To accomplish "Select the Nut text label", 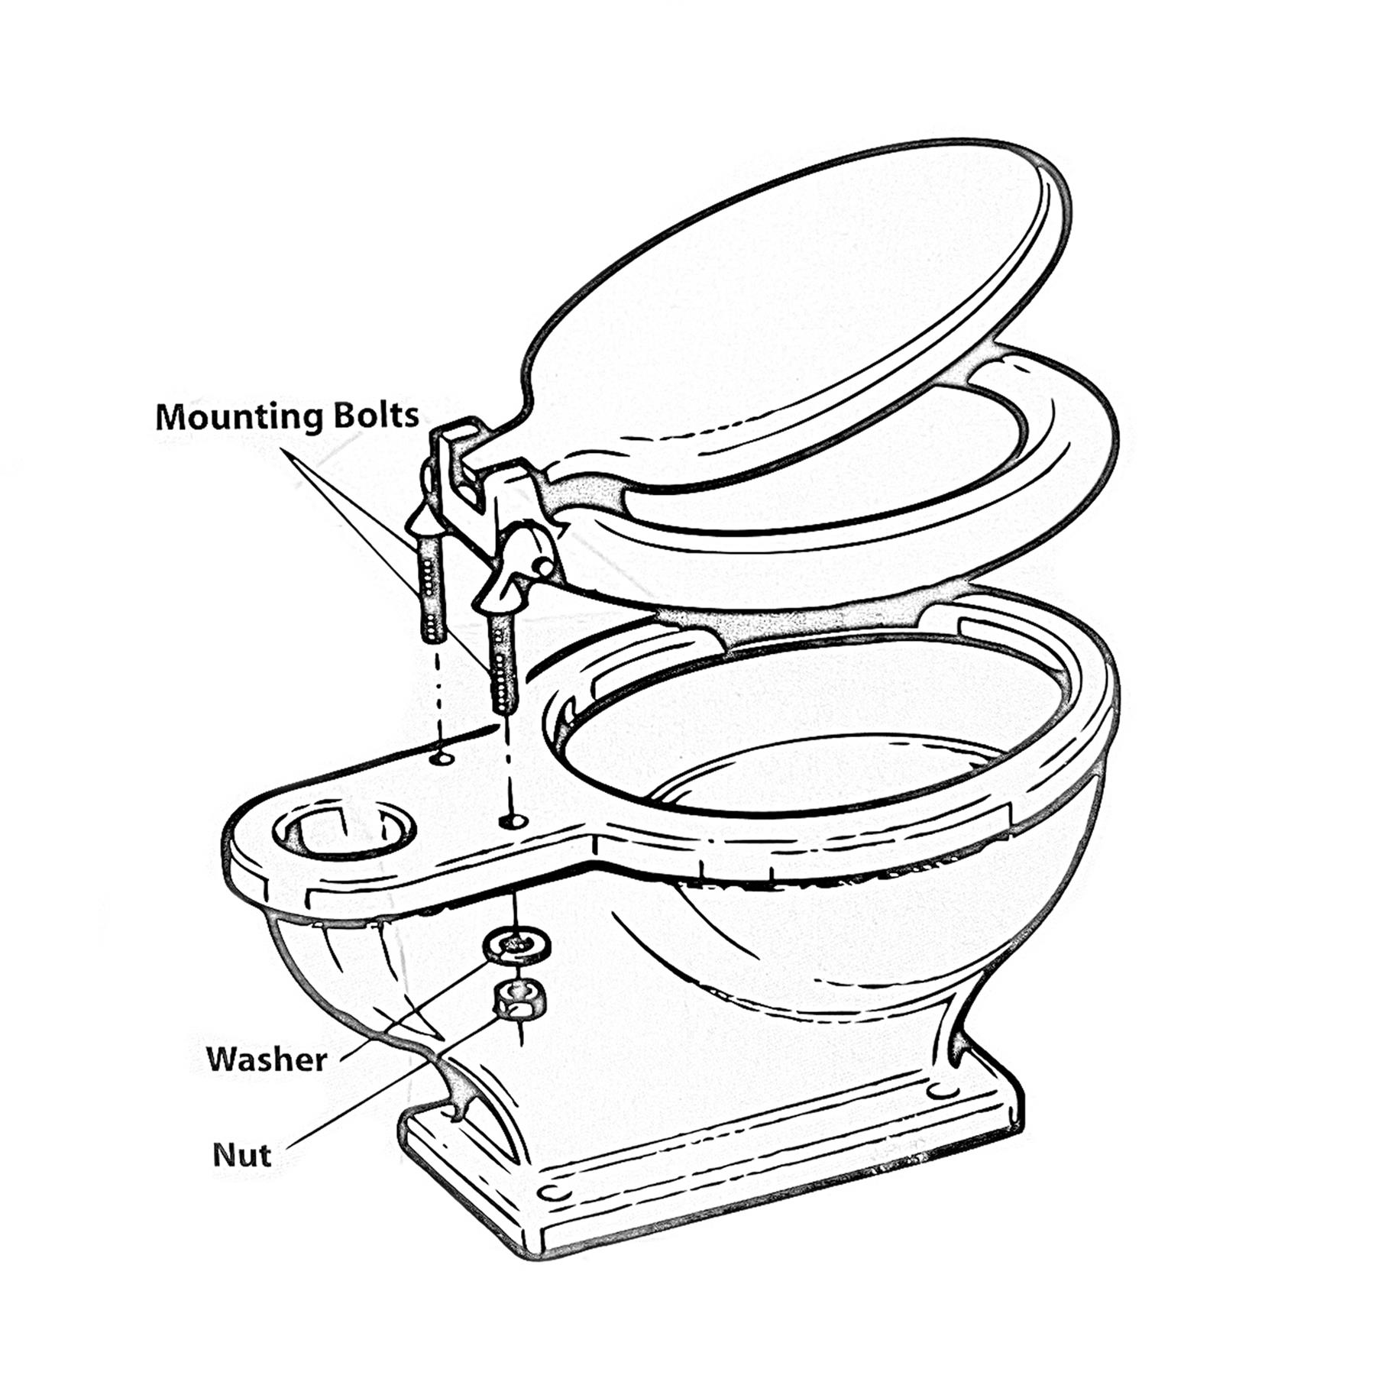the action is click(241, 1154).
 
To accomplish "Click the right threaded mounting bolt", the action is click(503, 658).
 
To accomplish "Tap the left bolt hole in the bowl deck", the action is click(441, 759).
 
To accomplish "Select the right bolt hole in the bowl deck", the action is click(513, 821).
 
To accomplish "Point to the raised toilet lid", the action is click(794, 306).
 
